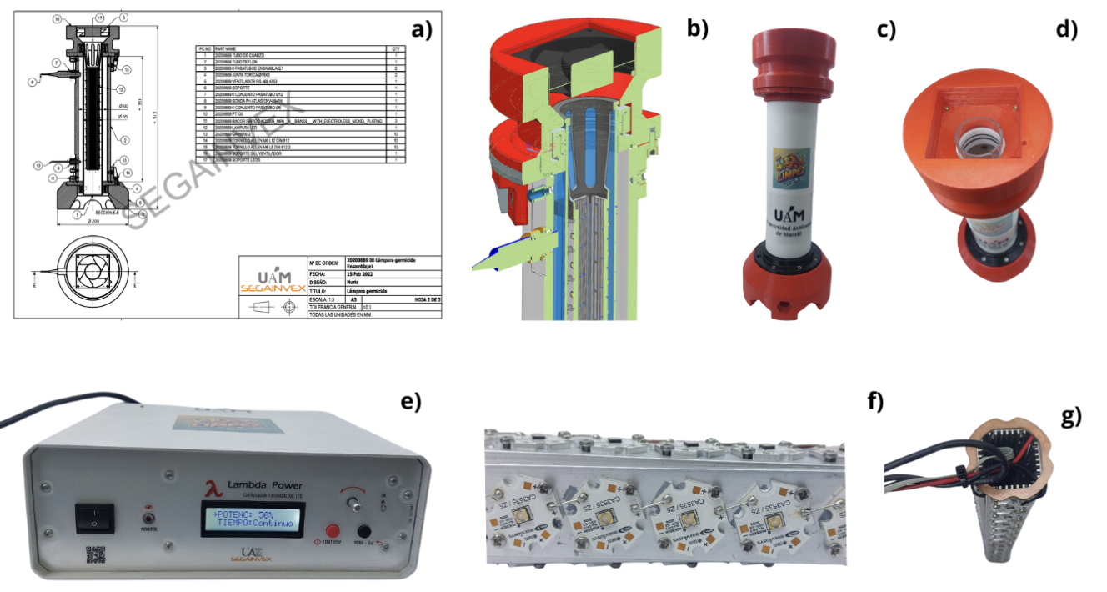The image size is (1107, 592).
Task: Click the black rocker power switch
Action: pyautogui.click(x=93, y=516)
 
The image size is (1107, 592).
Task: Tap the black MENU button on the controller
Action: pyautogui.click(x=364, y=531)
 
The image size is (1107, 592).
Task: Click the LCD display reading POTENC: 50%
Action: pyautogui.click(x=252, y=519)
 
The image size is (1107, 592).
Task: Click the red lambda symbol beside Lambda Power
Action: pyautogui.click(x=213, y=487)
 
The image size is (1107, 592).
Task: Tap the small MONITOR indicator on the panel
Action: pyautogui.click(x=150, y=508)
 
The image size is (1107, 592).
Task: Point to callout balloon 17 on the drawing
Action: pyautogui.click(x=99, y=17)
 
